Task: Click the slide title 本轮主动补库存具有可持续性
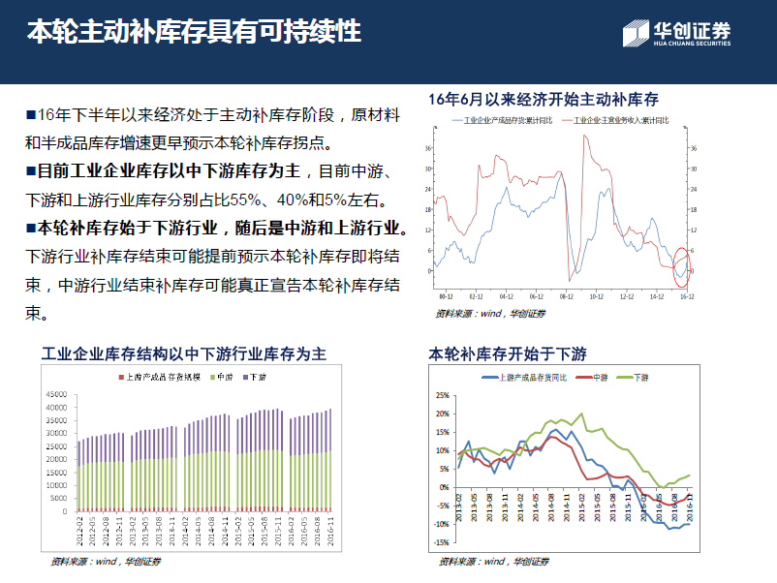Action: (x=194, y=32)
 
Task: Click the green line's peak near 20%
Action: (x=581, y=414)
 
